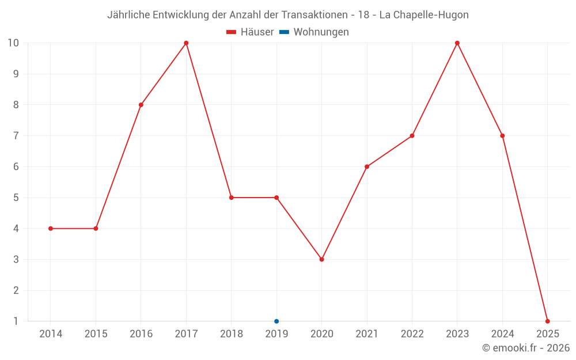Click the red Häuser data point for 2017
(186, 43)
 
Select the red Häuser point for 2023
(457, 43)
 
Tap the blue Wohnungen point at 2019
(276, 321)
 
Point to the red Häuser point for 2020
(321, 259)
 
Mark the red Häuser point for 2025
(548, 321)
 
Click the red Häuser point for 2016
(141, 105)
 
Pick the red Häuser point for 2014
(51, 229)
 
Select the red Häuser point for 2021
(367, 166)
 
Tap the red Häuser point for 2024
(502, 136)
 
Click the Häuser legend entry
(250, 32)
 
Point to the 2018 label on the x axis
(231, 334)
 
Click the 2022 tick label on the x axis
(412, 334)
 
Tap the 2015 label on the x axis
(96, 334)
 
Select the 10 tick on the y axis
(13, 43)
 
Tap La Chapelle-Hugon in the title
(424, 15)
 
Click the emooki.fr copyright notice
(526, 348)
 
